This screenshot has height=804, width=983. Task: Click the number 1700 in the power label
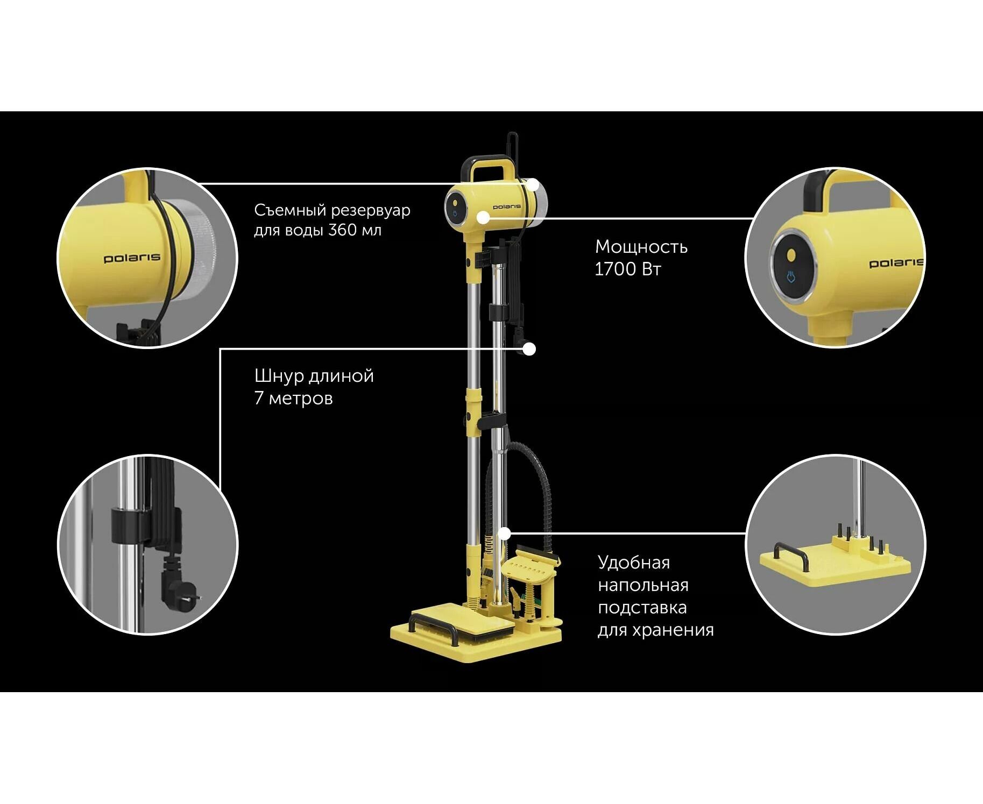(x=615, y=269)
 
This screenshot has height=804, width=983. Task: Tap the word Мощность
(x=641, y=247)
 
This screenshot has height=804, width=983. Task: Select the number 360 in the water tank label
(x=342, y=230)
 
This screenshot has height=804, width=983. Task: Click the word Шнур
(x=279, y=376)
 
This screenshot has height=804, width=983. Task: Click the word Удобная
(x=634, y=563)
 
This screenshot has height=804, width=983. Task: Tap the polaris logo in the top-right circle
(x=895, y=262)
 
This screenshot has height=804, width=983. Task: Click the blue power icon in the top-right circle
(x=790, y=277)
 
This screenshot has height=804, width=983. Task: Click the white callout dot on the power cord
(x=529, y=349)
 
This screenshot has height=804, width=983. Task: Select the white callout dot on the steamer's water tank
(x=533, y=185)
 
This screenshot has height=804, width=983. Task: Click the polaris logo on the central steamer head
(x=507, y=207)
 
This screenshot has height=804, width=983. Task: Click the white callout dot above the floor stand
(x=505, y=533)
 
